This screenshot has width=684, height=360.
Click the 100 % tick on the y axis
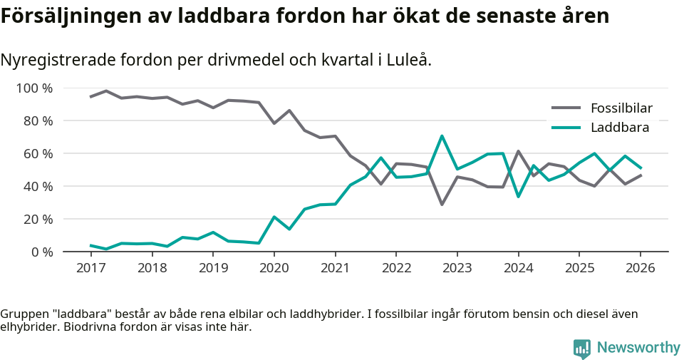[35, 88]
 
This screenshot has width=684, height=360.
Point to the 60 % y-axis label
[38, 154]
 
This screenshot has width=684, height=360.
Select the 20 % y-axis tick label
[38, 219]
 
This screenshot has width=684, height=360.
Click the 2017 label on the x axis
[90, 268]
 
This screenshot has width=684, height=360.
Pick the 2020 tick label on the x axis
[274, 268]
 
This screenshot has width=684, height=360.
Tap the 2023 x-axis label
[457, 268]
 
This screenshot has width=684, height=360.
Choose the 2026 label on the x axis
[640, 268]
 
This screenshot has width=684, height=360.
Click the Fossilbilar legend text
[621, 108]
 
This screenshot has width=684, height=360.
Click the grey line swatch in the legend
[566, 108]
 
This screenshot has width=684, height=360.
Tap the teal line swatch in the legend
[566, 128]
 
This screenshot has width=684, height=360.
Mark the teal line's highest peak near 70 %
[442, 135]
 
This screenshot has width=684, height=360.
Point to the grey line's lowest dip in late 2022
[442, 205]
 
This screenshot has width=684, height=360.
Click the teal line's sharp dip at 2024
[518, 197]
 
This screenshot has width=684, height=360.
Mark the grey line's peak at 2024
[518, 151]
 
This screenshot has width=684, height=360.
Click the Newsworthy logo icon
[581, 348]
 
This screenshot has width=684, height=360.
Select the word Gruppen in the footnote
[22, 314]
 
